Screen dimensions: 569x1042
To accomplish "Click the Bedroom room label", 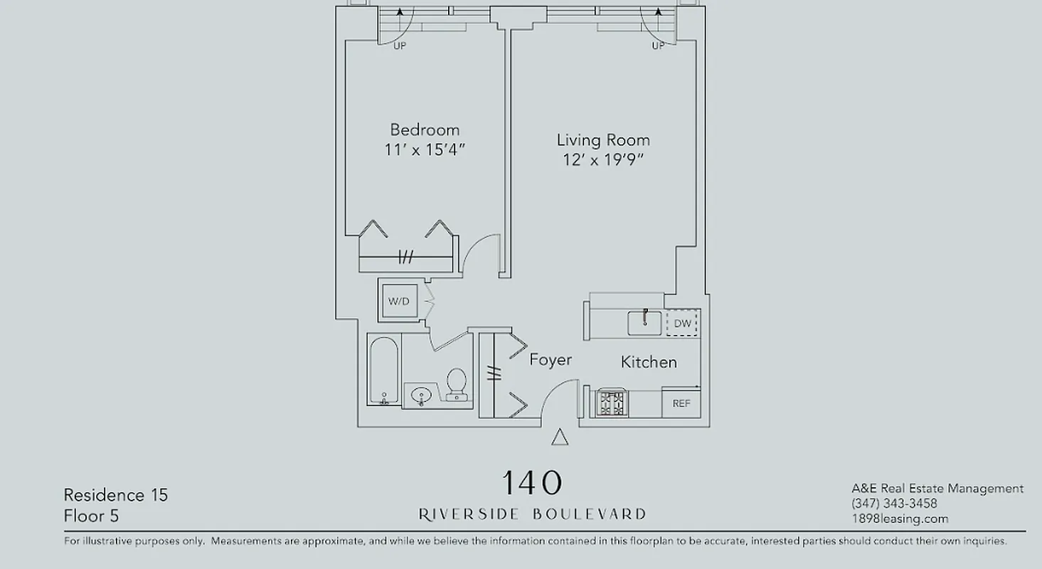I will point(425,130).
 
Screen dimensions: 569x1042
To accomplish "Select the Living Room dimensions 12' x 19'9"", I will point(603,160).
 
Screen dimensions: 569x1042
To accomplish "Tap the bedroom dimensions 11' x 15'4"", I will point(425,150).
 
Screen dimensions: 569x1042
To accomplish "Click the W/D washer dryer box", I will point(398,302).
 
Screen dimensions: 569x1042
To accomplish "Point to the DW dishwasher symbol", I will point(682,324).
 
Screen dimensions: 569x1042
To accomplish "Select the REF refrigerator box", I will point(681,403).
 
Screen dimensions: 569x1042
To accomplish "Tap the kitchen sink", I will point(644,322).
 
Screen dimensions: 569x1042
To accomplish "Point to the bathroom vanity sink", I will point(422,395).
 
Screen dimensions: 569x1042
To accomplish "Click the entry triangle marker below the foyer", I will point(560,437).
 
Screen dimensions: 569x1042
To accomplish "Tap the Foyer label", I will point(551,360).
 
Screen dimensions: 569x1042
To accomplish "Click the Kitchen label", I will point(649,362).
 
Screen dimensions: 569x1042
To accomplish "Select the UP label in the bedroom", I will point(400,46).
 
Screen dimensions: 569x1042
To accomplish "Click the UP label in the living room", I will point(659,46).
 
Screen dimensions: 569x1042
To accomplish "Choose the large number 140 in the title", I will point(532,484).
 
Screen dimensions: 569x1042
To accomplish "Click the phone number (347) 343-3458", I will point(894,504).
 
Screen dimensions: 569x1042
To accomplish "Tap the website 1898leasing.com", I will point(900,519).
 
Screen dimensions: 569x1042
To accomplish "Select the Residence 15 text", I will point(116,495).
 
